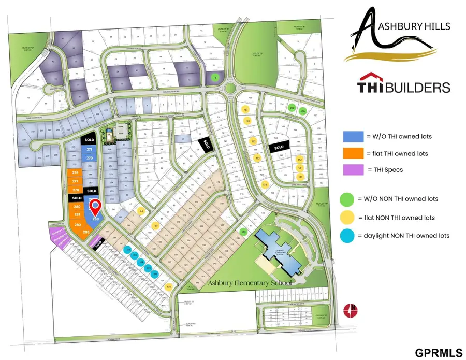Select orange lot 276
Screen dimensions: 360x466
[x=76, y=173]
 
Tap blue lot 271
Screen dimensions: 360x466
[x=89, y=149]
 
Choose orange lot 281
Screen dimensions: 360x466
[x=77, y=215]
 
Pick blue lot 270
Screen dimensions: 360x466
[x=89, y=158]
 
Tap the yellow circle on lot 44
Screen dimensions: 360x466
[x=141, y=211]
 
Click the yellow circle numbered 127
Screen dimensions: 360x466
[x=246, y=109]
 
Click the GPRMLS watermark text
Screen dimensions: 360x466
[x=438, y=353]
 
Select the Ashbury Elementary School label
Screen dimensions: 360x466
[x=250, y=283]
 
